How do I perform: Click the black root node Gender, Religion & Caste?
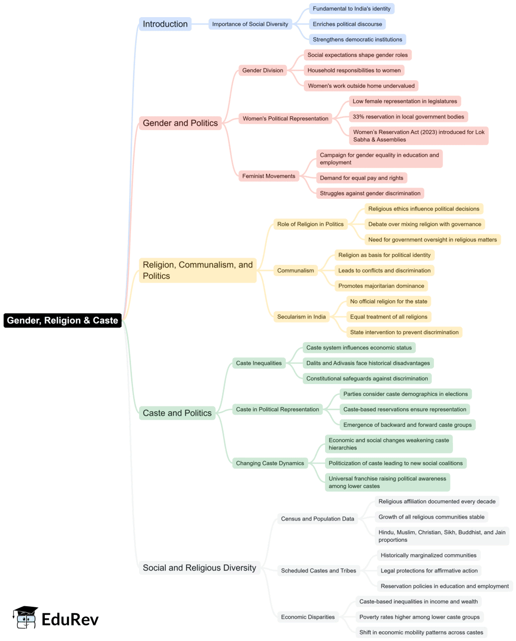62,320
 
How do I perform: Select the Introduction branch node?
165,24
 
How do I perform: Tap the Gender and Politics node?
180,123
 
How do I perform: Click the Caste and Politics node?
177,413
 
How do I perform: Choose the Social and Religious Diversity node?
200,568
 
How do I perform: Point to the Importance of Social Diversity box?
250,24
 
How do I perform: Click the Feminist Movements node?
269,176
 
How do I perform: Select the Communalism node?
295,271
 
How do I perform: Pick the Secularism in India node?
301,317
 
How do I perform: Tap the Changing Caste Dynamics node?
270,463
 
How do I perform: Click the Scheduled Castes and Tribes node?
318,570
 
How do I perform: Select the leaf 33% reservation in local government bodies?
408,117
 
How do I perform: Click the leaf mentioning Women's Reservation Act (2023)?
419,136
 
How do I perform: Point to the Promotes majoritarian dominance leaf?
381,286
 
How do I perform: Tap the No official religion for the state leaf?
389,301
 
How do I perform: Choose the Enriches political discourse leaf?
347,24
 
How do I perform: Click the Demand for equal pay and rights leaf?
361,178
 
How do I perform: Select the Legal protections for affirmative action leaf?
429,570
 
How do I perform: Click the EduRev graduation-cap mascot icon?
25,618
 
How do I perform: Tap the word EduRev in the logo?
70,619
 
